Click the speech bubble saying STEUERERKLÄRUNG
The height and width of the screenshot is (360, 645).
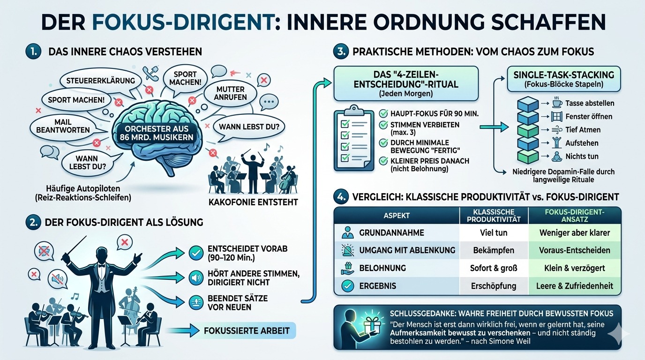coord(100,80)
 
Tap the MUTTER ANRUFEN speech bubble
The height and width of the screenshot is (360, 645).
coord(230,93)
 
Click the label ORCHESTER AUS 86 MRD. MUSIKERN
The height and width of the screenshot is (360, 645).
coord(157,133)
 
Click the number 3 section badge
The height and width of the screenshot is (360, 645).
coord(341,52)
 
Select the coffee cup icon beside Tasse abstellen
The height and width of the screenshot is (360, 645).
coord(557,103)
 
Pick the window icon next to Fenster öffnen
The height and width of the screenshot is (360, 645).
coord(556,117)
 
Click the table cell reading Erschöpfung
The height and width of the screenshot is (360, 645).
coord(494,286)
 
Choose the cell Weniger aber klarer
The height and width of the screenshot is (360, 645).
coord(575,232)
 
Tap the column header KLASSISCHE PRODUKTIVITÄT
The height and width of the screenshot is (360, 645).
coord(494,216)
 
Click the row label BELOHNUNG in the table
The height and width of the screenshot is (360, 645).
coord(382,268)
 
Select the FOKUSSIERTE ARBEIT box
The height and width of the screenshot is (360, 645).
coord(247,330)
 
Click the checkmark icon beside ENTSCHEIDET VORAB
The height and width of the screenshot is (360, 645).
coord(196,253)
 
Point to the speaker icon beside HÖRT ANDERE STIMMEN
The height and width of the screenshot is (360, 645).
coord(196,278)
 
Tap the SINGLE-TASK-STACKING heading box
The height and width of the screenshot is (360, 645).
coord(563,79)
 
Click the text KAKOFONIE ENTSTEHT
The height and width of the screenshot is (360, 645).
coord(253,202)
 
